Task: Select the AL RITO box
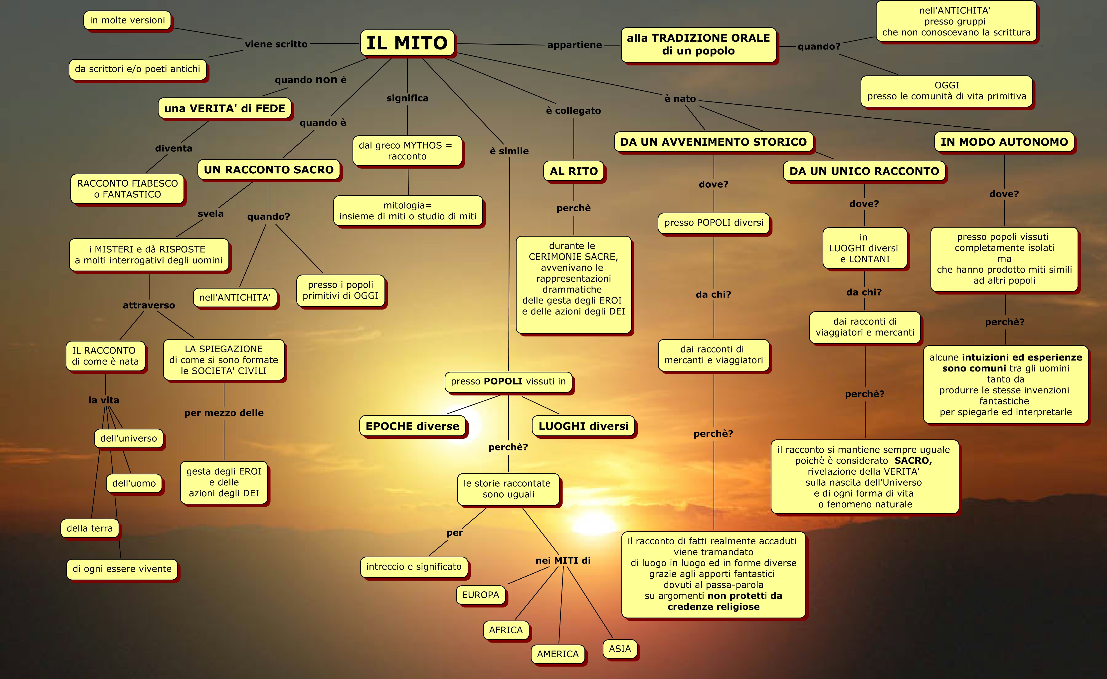[574, 171]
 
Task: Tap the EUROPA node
[480, 595]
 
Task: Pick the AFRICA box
[506, 630]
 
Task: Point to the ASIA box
[620, 649]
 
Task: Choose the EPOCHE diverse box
[412, 426]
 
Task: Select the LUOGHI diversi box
[584, 426]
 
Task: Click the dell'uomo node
[134, 483]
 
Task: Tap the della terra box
[90, 528]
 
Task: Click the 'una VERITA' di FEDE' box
[225, 108]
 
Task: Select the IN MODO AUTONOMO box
[1004, 142]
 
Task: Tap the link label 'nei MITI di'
[563, 560]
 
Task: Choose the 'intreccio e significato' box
[414, 567]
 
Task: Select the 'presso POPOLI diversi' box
[714, 223]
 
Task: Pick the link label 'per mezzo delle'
[224, 413]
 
